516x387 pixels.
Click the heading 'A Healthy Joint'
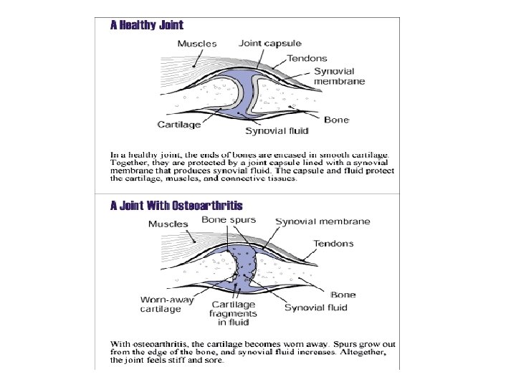(x=146, y=25)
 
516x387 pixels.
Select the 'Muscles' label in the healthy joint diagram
(x=197, y=44)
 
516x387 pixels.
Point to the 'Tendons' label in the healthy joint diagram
(x=307, y=59)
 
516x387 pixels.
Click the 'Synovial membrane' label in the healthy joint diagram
(x=339, y=76)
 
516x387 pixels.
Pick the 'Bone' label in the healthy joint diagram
(x=336, y=120)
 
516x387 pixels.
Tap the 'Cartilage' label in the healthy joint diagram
(x=180, y=125)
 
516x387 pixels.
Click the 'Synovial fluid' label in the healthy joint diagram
(x=277, y=131)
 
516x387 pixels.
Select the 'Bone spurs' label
(x=229, y=220)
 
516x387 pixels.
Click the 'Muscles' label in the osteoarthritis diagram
(x=168, y=224)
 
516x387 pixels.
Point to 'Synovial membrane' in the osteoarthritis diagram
(x=323, y=222)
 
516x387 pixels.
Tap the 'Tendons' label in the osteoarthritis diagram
(x=334, y=244)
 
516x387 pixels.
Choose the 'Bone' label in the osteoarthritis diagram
(x=343, y=295)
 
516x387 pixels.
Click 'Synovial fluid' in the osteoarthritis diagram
(x=316, y=307)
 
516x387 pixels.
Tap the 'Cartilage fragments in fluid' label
(x=232, y=313)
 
